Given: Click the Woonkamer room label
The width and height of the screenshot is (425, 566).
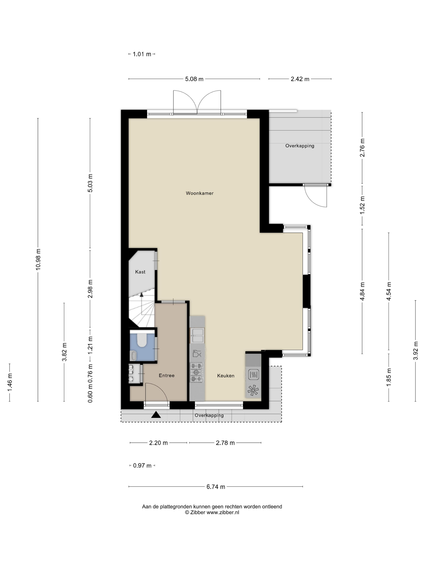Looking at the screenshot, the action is [x=200, y=193].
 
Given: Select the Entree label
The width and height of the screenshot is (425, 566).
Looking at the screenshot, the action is [x=167, y=375].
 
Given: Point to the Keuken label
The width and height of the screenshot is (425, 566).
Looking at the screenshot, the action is [x=226, y=376].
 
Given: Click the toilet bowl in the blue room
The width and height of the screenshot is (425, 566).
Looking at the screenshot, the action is [x=142, y=340].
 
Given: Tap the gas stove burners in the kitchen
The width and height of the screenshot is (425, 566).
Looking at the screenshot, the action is [x=197, y=372].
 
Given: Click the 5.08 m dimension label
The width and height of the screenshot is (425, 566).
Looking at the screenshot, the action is [x=194, y=79].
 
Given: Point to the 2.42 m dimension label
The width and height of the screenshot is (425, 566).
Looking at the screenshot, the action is [x=300, y=79].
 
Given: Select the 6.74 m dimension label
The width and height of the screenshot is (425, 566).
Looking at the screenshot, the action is [x=216, y=487].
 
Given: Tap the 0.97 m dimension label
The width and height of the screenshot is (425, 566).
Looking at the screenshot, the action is [x=142, y=466].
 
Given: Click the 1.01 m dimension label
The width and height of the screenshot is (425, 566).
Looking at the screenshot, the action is [x=142, y=54].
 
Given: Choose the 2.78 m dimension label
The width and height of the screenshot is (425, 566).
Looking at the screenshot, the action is [x=225, y=443].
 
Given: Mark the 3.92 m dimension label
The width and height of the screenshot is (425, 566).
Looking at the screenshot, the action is [x=415, y=351].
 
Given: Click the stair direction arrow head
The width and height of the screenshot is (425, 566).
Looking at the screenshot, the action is [x=141, y=295].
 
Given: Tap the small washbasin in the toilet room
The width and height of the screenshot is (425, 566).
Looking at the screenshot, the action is [x=133, y=355].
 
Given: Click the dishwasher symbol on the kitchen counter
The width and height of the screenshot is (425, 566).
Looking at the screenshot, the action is [x=197, y=353].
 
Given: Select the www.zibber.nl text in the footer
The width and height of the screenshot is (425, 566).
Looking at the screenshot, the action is [x=223, y=512].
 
